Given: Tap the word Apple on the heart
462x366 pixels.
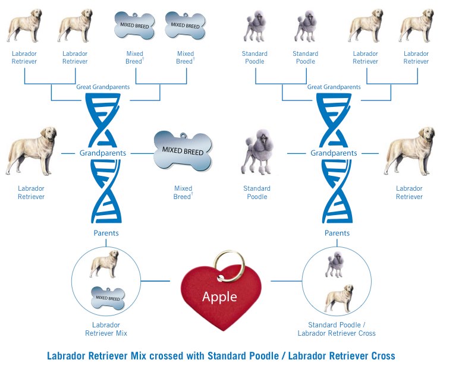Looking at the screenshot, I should (219, 296).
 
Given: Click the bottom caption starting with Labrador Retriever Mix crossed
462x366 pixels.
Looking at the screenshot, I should (221, 356).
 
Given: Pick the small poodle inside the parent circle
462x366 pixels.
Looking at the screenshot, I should (334, 266).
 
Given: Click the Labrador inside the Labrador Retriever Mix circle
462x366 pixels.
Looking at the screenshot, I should (105, 264).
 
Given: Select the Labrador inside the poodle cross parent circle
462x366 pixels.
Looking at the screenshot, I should (338, 299).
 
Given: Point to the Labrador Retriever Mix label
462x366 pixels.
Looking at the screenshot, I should (106, 329).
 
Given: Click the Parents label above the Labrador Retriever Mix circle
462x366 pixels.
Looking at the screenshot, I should (106, 233).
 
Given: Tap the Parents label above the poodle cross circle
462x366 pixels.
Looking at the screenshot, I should (337, 233).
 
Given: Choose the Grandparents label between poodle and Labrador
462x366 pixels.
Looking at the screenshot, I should (334, 153).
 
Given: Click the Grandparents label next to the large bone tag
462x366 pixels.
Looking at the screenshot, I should (103, 153).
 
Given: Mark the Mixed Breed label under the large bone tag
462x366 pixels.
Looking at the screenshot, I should (183, 193).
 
